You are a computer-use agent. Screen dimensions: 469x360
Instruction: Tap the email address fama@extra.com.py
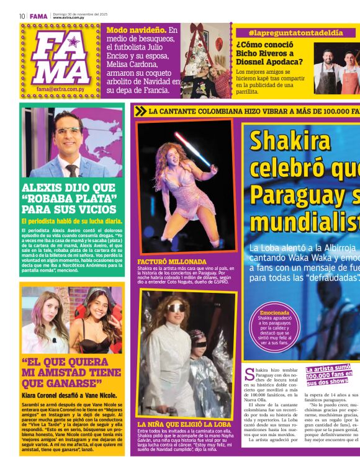[x=61, y=89]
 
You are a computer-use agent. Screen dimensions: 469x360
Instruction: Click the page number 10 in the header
[x=22, y=16]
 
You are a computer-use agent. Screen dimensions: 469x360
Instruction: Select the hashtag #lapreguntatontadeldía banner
[x=295, y=32]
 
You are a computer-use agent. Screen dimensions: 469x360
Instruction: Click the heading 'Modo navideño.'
[x=135, y=30]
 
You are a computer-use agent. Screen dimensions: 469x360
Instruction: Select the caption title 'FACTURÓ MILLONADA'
[x=171, y=262]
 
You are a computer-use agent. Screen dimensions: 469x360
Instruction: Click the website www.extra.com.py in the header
[x=68, y=18]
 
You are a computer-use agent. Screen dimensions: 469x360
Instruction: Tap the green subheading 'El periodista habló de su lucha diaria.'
[x=71, y=221]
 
